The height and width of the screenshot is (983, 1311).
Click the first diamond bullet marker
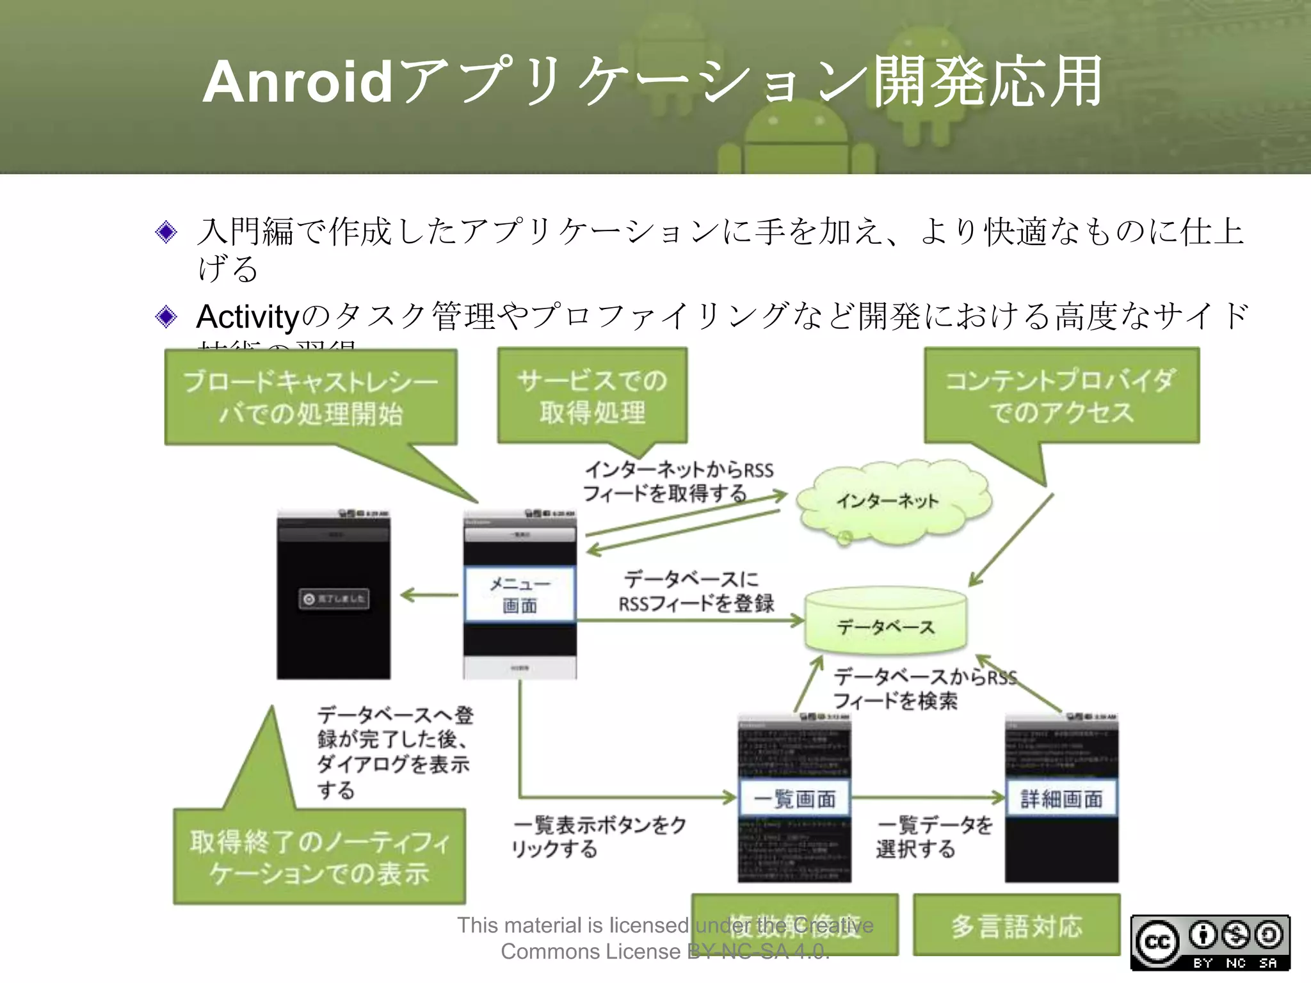(166, 232)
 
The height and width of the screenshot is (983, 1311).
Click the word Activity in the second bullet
(248, 316)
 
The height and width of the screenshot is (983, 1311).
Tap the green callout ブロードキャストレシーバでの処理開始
(311, 397)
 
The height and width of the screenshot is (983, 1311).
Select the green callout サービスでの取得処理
(592, 396)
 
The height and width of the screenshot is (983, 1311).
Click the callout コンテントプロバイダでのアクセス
(1061, 396)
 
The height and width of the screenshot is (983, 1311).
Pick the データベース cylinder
(885, 624)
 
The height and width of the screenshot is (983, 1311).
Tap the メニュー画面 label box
(520, 594)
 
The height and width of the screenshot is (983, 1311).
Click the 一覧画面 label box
(794, 798)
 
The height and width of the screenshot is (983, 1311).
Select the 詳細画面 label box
(1061, 798)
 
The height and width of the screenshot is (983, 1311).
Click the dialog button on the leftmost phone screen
(334, 598)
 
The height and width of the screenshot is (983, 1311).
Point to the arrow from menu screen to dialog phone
(429, 595)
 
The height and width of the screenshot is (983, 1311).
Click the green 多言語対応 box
(1017, 925)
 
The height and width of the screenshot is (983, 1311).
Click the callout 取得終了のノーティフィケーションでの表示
(319, 857)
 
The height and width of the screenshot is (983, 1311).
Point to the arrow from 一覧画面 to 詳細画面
(928, 797)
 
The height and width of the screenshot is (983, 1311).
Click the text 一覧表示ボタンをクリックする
(599, 837)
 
